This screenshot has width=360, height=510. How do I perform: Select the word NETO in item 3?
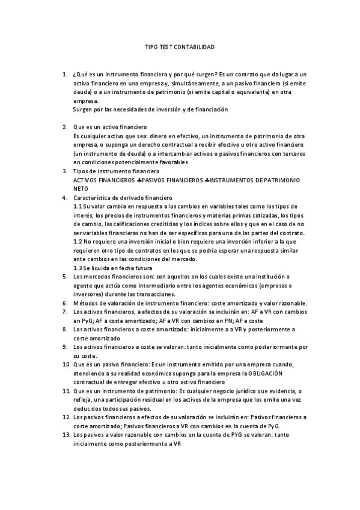tap(80, 189)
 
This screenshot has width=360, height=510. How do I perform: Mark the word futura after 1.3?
tap(141, 268)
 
